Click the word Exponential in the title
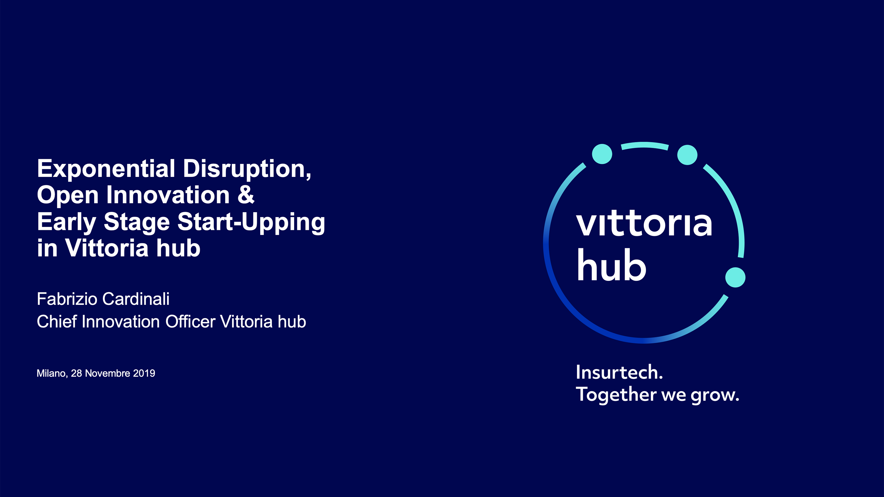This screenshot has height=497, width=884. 106,169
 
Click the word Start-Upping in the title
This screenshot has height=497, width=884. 251,223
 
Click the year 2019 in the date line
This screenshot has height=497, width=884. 144,373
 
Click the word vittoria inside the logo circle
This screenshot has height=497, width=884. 644,223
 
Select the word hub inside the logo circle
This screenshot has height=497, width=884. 611,265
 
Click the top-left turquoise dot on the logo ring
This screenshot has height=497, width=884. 602,154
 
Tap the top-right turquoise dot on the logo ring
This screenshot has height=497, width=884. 687,155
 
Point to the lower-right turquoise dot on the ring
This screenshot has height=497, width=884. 735,277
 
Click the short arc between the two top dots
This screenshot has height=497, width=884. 645,144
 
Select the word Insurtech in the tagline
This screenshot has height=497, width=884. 619,372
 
